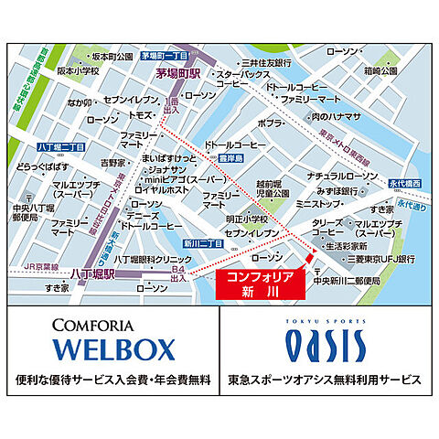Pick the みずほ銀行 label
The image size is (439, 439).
(361, 192)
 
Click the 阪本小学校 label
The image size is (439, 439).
(53, 69)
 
